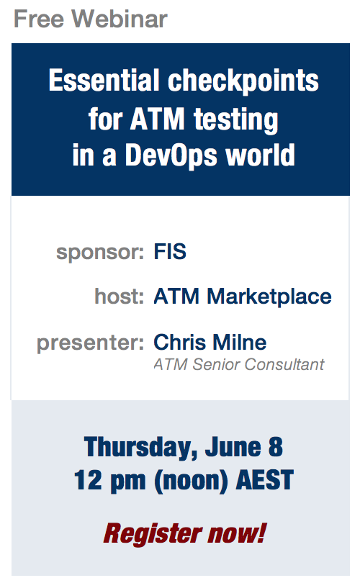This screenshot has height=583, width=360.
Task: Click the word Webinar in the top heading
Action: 120,19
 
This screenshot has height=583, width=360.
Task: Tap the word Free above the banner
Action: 39,19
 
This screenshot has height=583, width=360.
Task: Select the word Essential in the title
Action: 104,81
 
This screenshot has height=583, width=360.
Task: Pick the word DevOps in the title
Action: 171,156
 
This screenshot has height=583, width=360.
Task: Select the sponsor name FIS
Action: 170,251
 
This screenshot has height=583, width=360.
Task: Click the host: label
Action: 120,296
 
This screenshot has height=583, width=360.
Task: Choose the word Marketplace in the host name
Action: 269,297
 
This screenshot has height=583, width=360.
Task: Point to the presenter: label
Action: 91,343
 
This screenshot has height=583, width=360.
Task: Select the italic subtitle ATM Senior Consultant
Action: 239,364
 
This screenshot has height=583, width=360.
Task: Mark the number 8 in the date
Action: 276,447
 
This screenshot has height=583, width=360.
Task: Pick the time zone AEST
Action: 265,480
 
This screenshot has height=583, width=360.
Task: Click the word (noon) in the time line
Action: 192,481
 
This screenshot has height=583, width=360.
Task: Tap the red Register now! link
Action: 185,534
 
